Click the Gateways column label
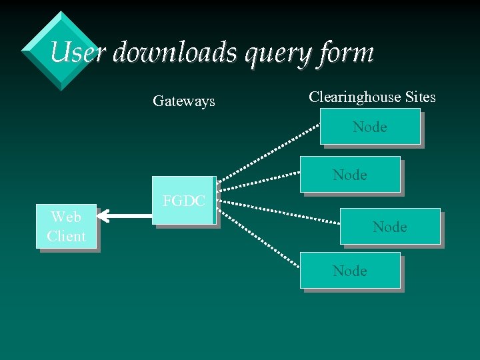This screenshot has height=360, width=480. [184, 101]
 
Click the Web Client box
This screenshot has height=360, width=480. [67, 226]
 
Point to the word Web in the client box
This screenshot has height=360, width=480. [66, 217]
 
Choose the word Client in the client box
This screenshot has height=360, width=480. [67, 236]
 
